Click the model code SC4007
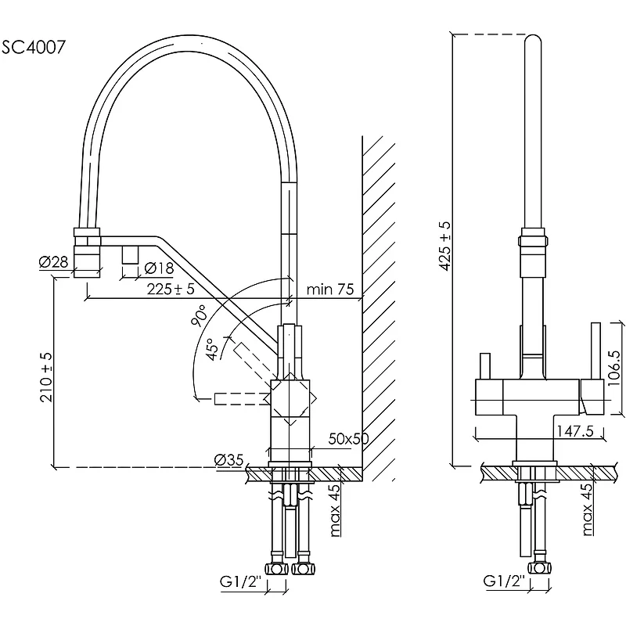click(x=34, y=46)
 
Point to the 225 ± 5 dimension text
click(x=170, y=289)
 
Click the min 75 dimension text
click(x=330, y=290)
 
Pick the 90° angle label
click(x=198, y=317)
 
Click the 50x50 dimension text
click(x=348, y=438)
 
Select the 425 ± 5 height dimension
click(x=444, y=246)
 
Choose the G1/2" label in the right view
click(x=502, y=581)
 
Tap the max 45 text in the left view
click(x=336, y=510)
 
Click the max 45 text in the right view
click(x=586, y=510)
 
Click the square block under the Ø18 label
click(x=131, y=254)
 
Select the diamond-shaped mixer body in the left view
click(x=291, y=398)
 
